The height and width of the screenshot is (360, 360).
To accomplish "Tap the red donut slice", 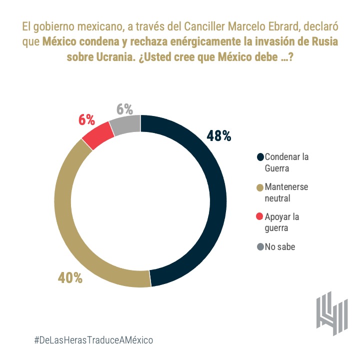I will [96, 134].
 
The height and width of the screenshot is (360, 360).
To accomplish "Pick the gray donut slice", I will [125, 123].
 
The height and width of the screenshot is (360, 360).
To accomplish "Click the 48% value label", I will [218, 135].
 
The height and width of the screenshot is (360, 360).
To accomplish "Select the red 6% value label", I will [86, 119].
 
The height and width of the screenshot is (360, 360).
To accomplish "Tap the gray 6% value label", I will [124, 108].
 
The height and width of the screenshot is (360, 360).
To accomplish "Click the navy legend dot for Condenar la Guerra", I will [259, 157].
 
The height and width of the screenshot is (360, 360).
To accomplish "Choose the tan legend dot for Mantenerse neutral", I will [259, 187].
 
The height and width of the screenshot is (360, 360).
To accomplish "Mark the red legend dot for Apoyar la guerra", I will [259, 217].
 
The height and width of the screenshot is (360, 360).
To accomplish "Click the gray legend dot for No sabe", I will [259, 246].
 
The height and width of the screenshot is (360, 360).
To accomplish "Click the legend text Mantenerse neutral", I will [286, 192].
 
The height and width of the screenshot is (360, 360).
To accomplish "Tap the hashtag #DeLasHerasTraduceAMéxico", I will [93, 339].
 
